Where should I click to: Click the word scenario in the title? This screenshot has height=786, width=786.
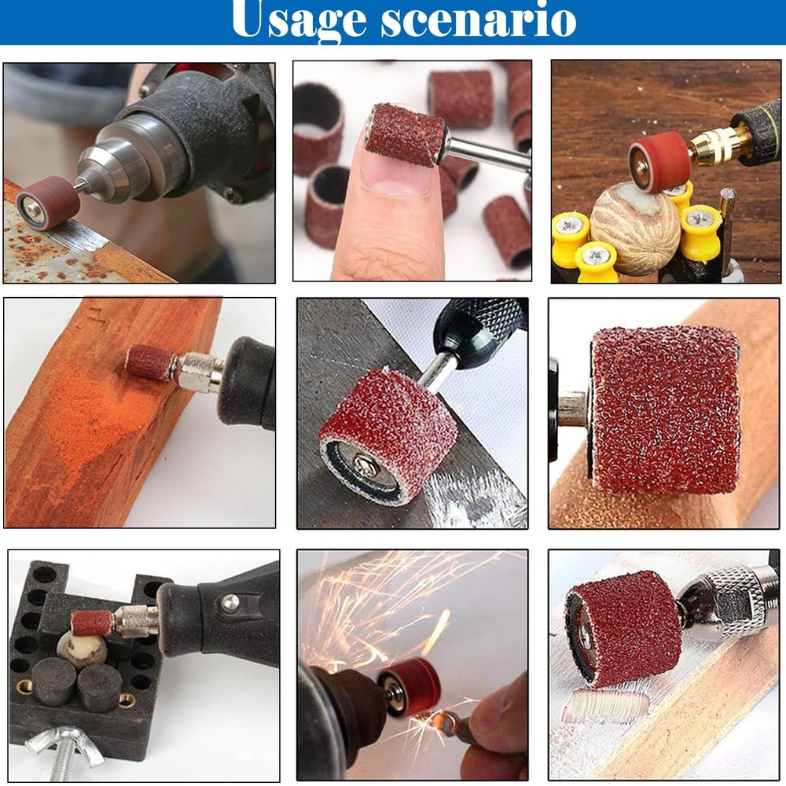click(x=479, y=20)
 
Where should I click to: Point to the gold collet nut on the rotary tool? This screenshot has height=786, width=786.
click(x=717, y=146)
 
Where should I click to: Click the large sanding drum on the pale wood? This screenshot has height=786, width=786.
click(x=665, y=409)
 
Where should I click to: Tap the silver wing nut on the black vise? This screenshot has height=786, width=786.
click(x=64, y=743)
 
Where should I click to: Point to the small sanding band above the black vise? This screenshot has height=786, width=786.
click(x=92, y=623)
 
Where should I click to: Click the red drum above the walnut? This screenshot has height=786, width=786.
click(x=659, y=160)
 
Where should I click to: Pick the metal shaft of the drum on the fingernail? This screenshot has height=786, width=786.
click(x=483, y=152)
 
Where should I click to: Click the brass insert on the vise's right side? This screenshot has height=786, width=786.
click(x=126, y=699)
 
